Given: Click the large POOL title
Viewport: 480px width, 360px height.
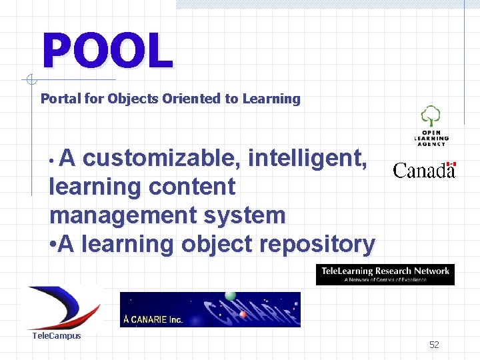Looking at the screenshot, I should [107, 51].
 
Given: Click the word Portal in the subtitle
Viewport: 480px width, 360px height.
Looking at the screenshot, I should [59, 99].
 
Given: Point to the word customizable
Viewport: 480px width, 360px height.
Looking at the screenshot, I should [162, 159].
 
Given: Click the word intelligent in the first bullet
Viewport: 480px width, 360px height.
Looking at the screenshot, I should [307, 159].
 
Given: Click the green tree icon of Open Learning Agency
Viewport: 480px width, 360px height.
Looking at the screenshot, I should [431, 116].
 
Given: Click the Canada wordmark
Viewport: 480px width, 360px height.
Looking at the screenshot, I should [424, 171].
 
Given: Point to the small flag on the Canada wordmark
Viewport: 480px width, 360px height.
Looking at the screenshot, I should [451, 164].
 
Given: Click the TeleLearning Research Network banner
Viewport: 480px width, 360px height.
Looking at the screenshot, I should [385, 274].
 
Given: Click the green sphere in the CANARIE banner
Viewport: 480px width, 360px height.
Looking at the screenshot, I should [230, 295].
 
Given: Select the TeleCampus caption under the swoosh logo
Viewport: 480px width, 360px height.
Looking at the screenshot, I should [57, 336].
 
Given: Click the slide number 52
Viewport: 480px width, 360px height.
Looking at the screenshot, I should [434, 345].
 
